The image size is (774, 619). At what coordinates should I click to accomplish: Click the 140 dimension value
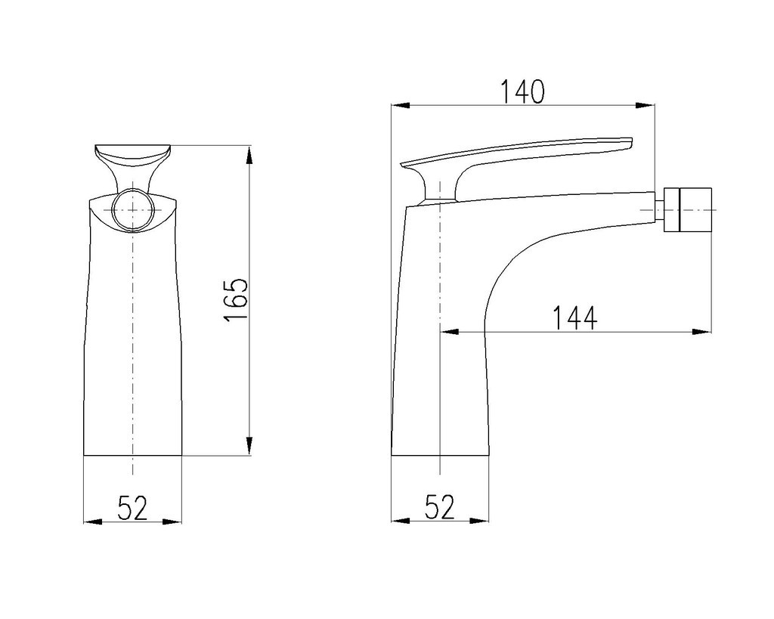coord(523,91)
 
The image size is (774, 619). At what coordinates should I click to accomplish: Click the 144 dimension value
coord(574,318)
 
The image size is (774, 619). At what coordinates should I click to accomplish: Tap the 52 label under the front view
coord(133,508)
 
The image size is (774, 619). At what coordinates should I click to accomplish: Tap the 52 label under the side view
coord(439,507)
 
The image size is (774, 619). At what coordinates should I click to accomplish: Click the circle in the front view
coord(132,210)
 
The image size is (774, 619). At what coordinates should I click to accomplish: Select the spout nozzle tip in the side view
coord(688,209)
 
